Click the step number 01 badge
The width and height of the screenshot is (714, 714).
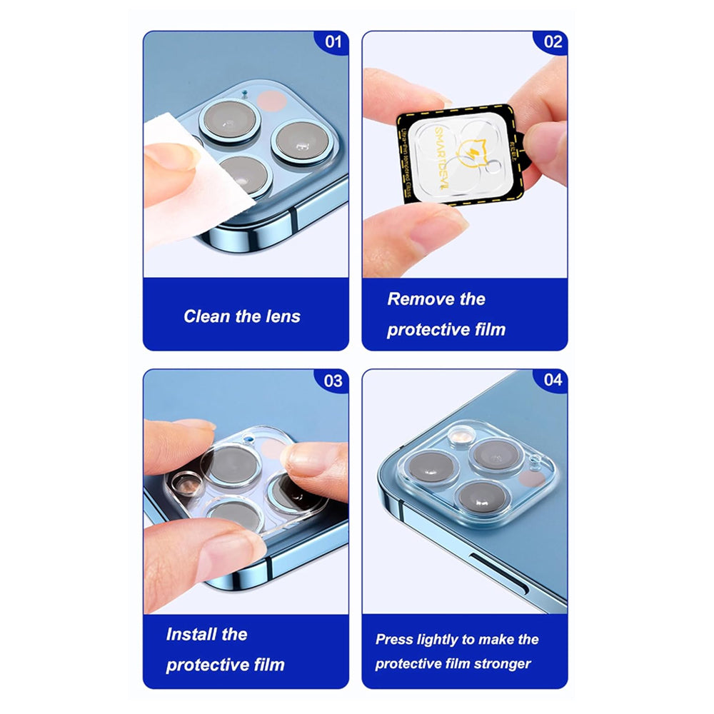coord(333,41)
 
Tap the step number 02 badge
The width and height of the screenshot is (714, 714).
coord(553,41)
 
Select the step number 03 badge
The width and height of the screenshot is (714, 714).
coord(333,381)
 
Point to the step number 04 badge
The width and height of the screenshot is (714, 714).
coord(553,381)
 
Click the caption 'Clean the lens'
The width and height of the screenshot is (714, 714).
coord(242,316)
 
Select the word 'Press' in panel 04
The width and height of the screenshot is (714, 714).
coord(395,640)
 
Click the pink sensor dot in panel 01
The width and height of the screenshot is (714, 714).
coord(269,99)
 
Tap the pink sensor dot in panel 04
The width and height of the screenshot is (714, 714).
coord(529,478)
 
